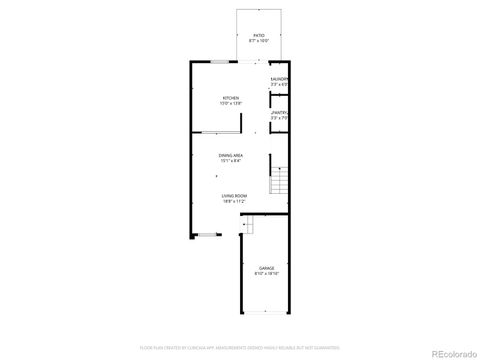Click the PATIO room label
[259, 35]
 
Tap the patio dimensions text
[259, 41]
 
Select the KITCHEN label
[231, 97]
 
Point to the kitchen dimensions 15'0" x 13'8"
[231, 103]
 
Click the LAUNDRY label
[279, 79]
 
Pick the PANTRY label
[279, 113]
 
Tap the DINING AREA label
[231, 155]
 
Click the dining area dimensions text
[231, 161]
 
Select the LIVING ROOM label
[235, 196]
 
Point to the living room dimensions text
[235, 202]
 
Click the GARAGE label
[267, 268]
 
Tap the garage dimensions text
[267, 274]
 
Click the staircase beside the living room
[279, 182]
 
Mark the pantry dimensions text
[279, 119]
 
